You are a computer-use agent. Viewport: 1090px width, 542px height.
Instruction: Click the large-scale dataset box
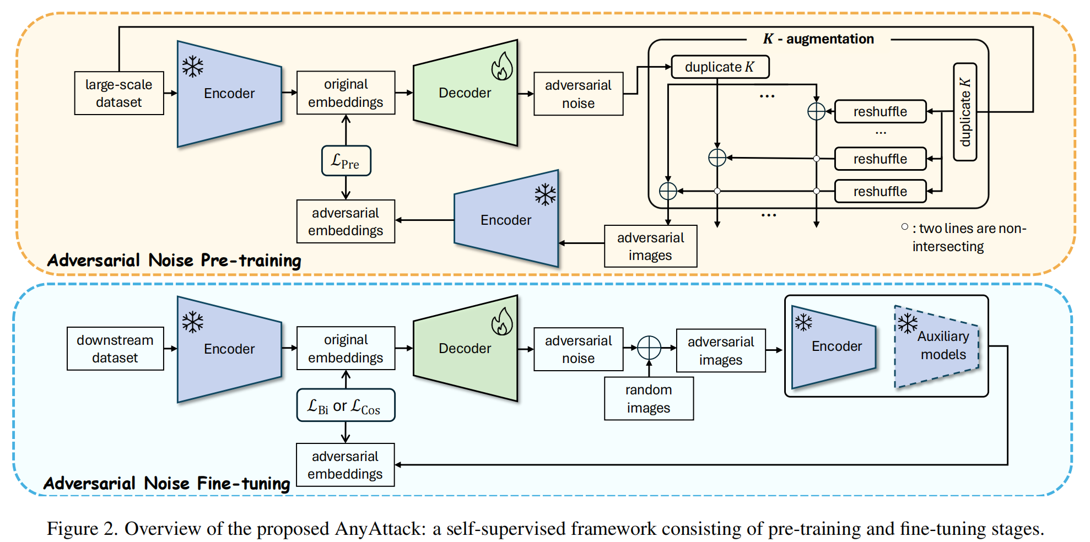[119, 93]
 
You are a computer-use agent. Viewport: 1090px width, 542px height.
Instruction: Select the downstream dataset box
[115, 349]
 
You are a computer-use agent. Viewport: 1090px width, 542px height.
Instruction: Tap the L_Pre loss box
[346, 161]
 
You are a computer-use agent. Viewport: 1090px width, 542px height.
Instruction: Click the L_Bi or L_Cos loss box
[346, 405]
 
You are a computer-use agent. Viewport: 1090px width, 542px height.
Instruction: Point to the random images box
[649, 399]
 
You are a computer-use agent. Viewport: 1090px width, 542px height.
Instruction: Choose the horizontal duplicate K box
[720, 67]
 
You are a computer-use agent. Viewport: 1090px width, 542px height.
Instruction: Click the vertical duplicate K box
[965, 112]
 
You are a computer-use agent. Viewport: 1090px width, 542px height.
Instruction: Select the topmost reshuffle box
[880, 112]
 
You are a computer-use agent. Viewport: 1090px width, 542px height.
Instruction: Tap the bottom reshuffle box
[880, 191]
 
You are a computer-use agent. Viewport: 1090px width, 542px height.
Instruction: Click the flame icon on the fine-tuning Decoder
[502, 322]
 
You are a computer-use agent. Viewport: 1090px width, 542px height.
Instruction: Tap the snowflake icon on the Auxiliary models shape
[907, 323]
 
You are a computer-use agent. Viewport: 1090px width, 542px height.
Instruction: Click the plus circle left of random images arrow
[649, 348]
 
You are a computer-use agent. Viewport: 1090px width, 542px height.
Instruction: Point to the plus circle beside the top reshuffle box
[816, 111]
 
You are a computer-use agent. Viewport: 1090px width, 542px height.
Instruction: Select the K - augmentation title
[818, 39]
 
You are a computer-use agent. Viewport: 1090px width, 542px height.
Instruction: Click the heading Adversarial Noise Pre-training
[174, 260]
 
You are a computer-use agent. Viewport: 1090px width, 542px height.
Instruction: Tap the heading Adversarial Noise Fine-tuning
[167, 483]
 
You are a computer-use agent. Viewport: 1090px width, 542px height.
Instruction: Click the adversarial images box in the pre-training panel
[651, 246]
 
